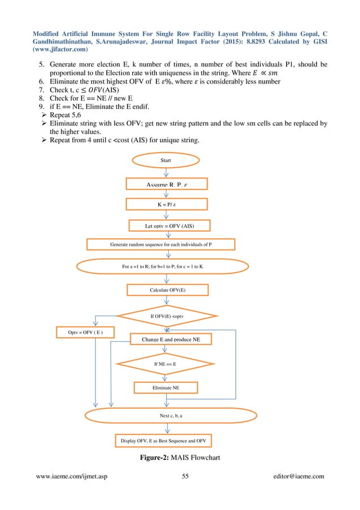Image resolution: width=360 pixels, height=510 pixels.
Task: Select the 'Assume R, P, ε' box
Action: (166, 184)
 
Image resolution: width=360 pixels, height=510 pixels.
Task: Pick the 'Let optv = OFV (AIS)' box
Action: (166, 226)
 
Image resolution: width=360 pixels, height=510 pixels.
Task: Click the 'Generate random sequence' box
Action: (161, 245)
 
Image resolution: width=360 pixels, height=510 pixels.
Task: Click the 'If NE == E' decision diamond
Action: (165, 364)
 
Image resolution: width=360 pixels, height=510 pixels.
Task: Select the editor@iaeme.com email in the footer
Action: (297, 476)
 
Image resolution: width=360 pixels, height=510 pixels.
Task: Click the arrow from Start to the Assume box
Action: (166, 172)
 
